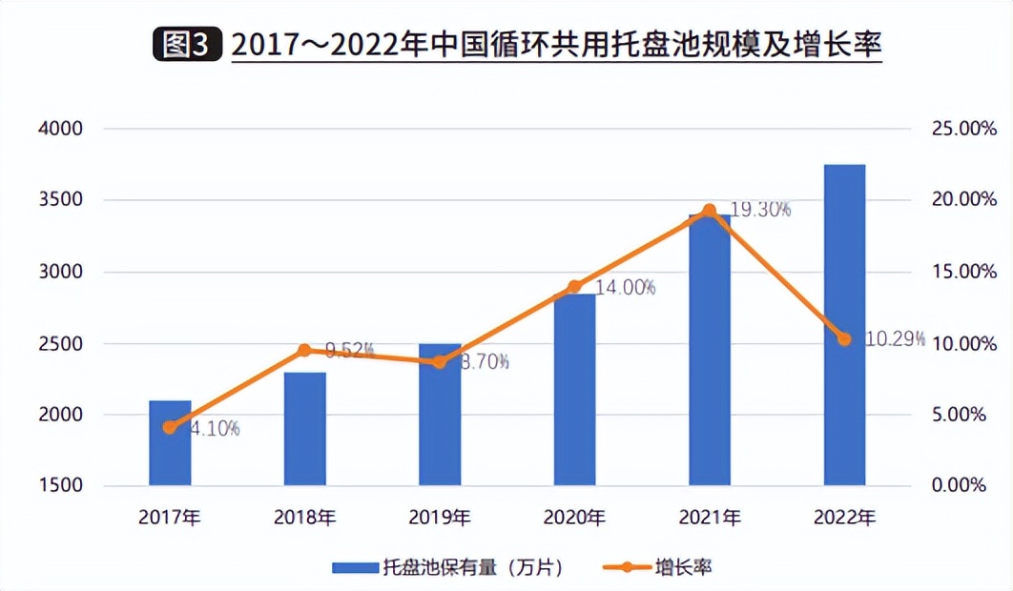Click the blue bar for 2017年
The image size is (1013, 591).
pyautogui.click(x=170, y=443)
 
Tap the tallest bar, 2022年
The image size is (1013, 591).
pyautogui.click(x=844, y=324)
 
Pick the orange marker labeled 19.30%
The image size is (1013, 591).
pyautogui.click(x=709, y=211)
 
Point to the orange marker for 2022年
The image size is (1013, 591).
pyautogui.click(x=844, y=338)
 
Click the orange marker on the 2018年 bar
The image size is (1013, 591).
pyautogui.click(x=304, y=350)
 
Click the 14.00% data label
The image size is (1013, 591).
pyautogui.click(x=626, y=287)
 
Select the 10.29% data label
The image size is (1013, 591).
pyautogui.click(x=895, y=338)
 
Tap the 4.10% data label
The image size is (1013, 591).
pyautogui.click(x=214, y=428)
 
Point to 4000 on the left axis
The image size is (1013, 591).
pyautogui.click(x=61, y=129)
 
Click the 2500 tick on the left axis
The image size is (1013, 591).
pyautogui.click(x=61, y=343)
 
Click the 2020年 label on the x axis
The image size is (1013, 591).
pyautogui.click(x=574, y=518)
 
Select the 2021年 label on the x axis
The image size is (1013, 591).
pyautogui.click(x=710, y=518)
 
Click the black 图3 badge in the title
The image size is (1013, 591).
pyautogui.click(x=187, y=45)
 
